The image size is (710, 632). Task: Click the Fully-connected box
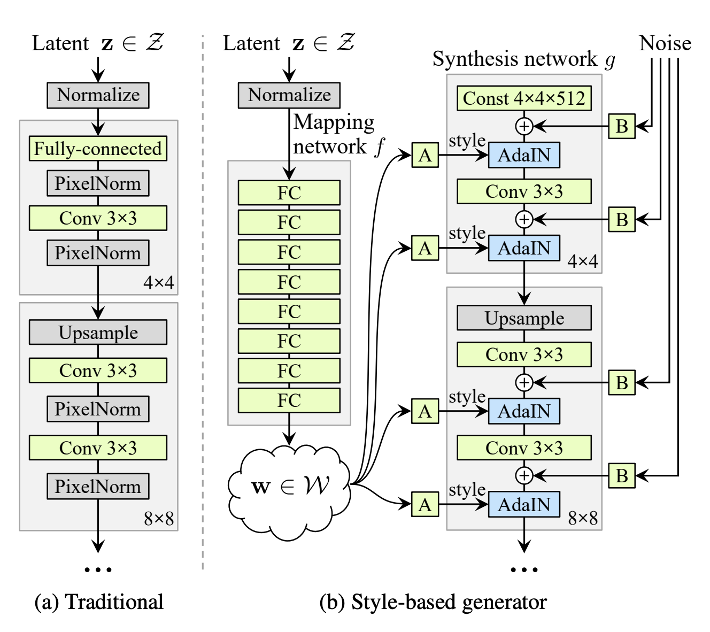click(98, 148)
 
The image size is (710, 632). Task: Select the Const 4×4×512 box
click(524, 98)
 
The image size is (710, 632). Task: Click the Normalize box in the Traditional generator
click(98, 95)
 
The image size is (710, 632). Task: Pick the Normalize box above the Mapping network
click(289, 95)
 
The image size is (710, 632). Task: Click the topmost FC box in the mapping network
click(289, 192)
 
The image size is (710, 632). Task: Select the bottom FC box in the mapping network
click(289, 400)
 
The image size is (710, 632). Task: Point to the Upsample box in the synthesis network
click(524, 318)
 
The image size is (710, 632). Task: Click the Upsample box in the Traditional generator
click(98, 332)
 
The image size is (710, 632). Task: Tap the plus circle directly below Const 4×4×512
click(524, 126)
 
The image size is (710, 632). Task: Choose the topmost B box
click(622, 126)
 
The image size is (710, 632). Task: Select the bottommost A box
click(425, 504)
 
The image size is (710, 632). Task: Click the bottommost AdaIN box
click(524, 504)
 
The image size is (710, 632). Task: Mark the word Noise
click(665, 43)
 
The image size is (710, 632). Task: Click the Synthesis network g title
click(524, 59)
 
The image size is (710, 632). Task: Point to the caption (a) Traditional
click(99, 602)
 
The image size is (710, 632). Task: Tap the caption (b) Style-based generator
click(433, 602)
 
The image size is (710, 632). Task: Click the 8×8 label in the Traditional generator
click(159, 519)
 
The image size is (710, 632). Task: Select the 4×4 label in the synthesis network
click(582, 261)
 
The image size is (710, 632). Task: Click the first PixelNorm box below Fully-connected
click(98, 183)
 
